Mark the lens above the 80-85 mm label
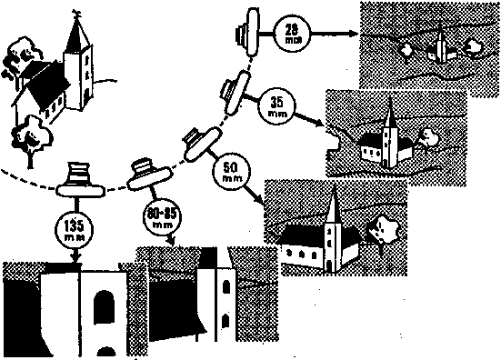[x=144, y=174]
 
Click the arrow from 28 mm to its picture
[x=333, y=37]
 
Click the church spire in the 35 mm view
[x=389, y=114]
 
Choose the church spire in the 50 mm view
[x=334, y=205]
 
